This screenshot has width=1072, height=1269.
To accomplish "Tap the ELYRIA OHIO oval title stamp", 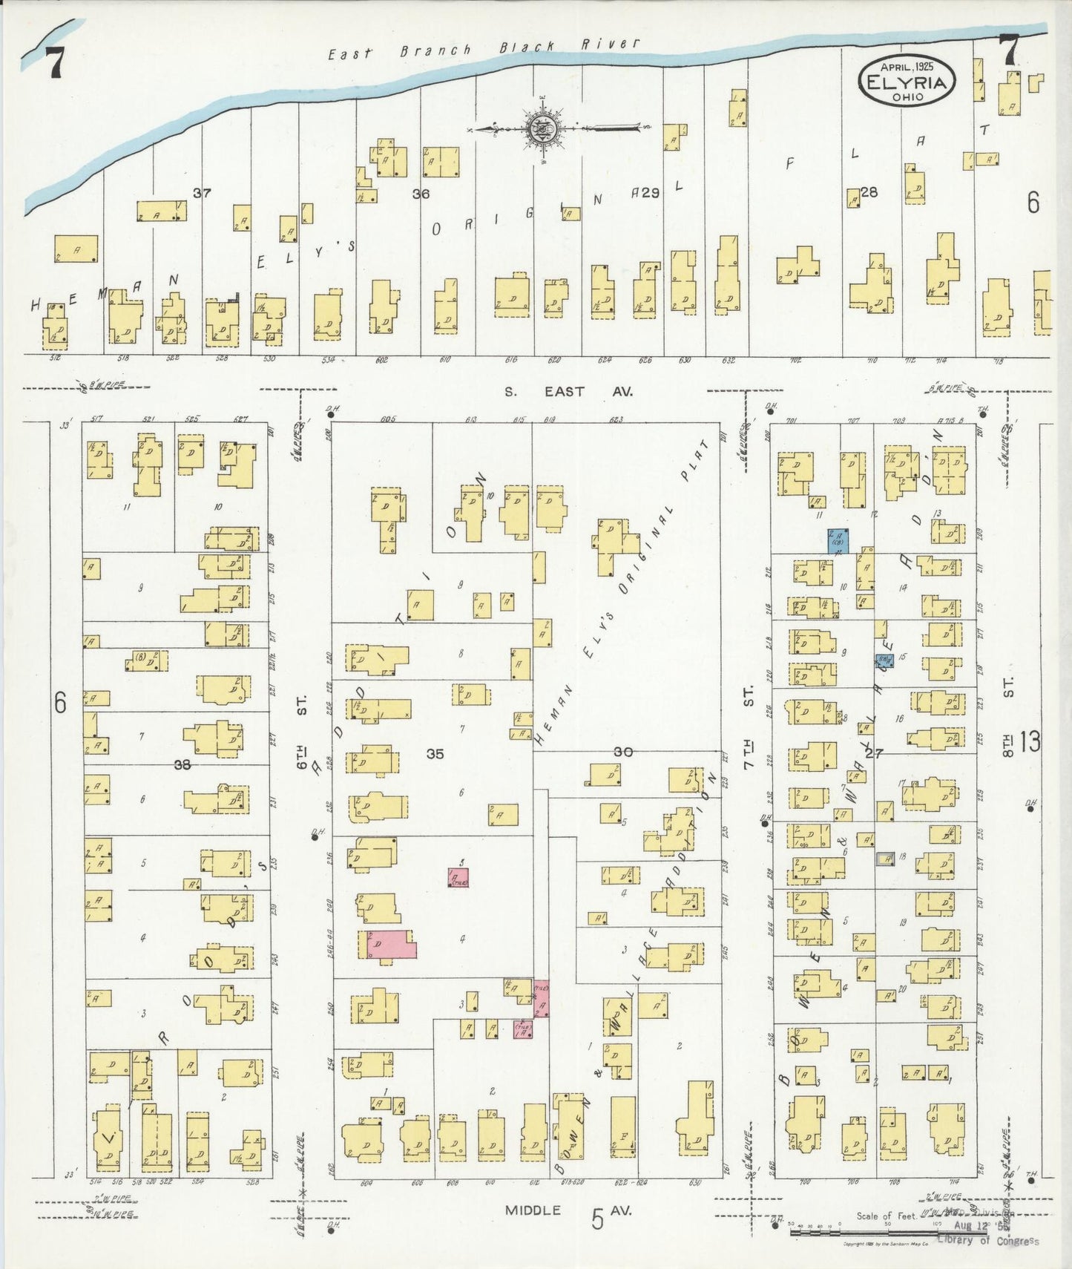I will [907, 80].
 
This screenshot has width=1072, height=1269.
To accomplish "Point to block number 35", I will [435, 754].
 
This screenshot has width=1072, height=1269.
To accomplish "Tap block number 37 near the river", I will [202, 193].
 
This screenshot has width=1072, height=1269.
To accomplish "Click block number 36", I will [421, 194].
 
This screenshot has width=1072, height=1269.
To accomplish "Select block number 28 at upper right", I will [869, 191].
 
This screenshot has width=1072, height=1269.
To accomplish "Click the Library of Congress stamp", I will [987, 1241].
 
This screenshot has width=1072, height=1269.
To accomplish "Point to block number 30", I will [622, 752].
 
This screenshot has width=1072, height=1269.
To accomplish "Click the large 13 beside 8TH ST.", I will [1030, 741].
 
